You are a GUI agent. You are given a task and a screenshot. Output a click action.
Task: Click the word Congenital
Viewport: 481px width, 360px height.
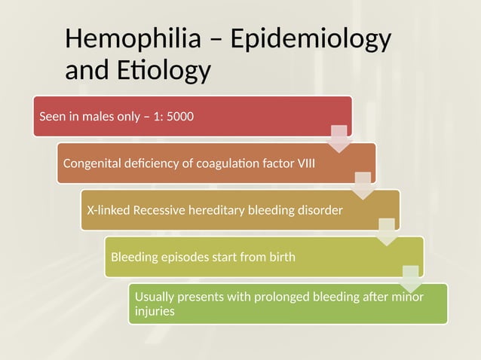click(92, 163)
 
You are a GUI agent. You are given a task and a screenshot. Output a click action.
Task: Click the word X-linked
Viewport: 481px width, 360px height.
click(108, 210)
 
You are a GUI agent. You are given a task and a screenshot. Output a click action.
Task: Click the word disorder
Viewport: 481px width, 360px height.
click(320, 210)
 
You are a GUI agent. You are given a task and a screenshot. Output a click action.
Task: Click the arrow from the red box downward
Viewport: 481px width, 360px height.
click(339, 139)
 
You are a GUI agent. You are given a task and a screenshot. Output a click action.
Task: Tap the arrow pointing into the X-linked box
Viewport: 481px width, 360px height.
click(363, 185)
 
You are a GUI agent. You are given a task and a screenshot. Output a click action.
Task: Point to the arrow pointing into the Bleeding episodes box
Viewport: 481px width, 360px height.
click(387, 232)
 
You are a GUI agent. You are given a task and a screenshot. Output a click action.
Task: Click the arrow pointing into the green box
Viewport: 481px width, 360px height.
click(411, 279)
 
